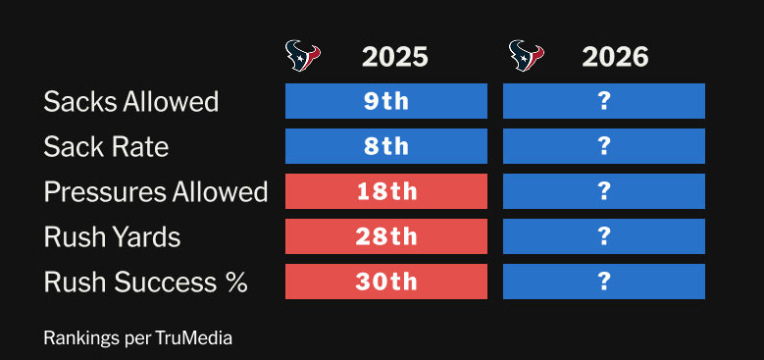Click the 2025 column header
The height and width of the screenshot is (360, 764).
point(394,58)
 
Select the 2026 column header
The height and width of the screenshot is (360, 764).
point(615,58)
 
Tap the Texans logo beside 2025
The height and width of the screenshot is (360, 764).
point(303,56)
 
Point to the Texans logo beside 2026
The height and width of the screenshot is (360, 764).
point(527,56)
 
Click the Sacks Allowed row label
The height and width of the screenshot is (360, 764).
point(131,102)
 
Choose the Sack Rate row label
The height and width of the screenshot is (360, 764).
point(106,146)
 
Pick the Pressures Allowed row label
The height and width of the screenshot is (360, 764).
point(156,191)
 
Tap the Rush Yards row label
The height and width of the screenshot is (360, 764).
point(112,236)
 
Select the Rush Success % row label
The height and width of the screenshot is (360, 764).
point(146,283)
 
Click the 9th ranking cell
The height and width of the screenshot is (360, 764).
point(386,101)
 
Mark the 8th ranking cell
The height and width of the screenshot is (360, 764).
point(386,146)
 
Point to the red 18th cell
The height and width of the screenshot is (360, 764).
point(386,191)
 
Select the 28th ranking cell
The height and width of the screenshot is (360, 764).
point(386,236)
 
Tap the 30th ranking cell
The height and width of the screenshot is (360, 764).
point(386,282)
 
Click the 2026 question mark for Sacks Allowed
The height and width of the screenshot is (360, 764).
point(604,101)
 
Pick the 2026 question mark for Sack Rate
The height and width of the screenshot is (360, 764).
point(604,146)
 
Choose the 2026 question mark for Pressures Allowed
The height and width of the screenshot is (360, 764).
point(604,191)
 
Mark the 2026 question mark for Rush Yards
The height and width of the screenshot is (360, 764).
point(604,236)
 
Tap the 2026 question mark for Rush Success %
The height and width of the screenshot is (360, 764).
point(604,282)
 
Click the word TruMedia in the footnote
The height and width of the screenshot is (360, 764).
point(194,337)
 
